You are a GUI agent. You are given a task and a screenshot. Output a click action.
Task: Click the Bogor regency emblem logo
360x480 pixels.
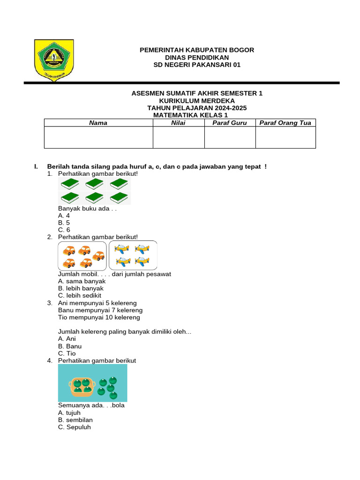tap(54, 59)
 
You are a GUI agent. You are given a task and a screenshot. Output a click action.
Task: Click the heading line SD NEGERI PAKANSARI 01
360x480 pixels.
tap(197, 65)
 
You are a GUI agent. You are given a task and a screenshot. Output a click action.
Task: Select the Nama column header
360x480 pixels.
tap(98, 123)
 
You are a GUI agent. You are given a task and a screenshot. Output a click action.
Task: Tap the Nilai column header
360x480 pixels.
tap(178, 123)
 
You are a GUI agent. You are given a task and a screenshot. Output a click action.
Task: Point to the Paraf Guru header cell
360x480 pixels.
tap(230, 123)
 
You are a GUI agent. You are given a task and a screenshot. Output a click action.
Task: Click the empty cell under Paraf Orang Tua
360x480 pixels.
tap(285, 137)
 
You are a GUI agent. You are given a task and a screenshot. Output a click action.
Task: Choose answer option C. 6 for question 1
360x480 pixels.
tap(64, 230)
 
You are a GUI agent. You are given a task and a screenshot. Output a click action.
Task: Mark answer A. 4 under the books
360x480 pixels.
tap(64, 216)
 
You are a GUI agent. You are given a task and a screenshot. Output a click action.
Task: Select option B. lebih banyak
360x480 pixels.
tap(81, 288)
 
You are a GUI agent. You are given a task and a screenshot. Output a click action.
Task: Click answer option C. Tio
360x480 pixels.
tap(67, 353)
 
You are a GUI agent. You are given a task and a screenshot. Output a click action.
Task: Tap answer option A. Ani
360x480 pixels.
tap(67, 338)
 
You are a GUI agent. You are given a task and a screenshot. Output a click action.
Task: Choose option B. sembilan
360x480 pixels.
tap(75, 420)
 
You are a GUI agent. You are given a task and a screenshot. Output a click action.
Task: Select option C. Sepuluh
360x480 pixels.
tap(75, 427)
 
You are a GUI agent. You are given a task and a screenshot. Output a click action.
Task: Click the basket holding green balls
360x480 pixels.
tap(82, 386)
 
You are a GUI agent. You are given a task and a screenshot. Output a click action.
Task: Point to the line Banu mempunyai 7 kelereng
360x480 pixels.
tap(100, 310)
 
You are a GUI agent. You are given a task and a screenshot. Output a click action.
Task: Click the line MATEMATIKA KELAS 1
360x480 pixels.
tap(190, 115)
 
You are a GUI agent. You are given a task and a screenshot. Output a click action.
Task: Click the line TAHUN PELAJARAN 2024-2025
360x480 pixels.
tap(197, 108)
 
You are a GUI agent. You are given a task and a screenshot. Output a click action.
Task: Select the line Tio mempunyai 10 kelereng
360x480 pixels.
tap(99, 317)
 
